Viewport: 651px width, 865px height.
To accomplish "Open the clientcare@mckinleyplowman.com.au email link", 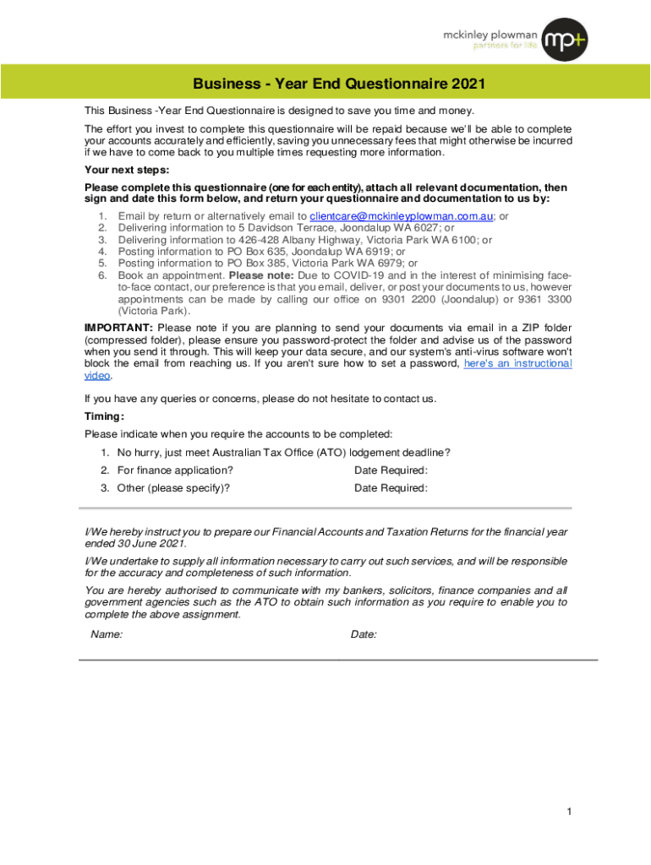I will click(x=402, y=216).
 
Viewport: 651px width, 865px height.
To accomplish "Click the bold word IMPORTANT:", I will click(x=118, y=328).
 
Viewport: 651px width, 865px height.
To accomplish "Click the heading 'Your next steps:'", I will click(x=127, y=170).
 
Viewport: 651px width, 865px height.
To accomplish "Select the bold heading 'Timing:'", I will click(x=105, y=416).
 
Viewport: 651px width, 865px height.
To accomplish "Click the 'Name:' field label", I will click(x=107, y=634).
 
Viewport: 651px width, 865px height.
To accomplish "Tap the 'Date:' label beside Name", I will click(x=364, y=634).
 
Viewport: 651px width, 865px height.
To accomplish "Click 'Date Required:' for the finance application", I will click(x=391, y=471).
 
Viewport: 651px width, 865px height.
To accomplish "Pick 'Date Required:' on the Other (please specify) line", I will click(x=391, y=488).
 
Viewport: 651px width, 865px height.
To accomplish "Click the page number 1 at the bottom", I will click(x=570, y=813).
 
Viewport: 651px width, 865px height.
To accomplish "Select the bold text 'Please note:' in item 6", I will click(x=259, y=275).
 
